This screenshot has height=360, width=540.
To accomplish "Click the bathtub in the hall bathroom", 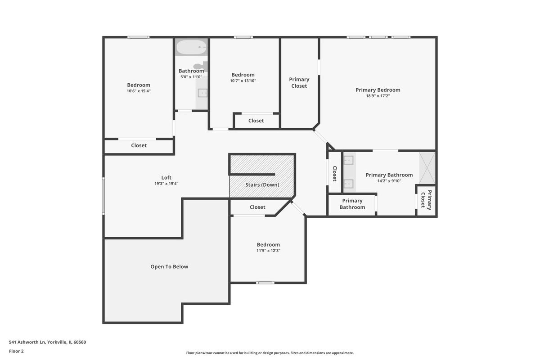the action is pyautogui.click(x=191, y=47).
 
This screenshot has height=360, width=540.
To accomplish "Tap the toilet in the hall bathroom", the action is pyautogui.click(x=201, y=66).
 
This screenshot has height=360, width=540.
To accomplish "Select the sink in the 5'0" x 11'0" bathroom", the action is pyautogui.click(x=202, y=93).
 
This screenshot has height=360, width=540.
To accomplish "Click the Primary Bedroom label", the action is pyautogui.click(x=378, y=90).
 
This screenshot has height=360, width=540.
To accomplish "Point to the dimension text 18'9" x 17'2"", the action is pyautogui.click(x=378, y=96).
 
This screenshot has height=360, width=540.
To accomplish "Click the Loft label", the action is pyautogui.click(x=166, y=178).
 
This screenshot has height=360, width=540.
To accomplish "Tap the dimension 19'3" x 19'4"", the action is pyautogui.click(x=166, y=184).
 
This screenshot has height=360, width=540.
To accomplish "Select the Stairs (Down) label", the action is pyautogui.click(x=262, y=185).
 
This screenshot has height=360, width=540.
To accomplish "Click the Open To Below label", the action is pyautogui.click(x=169, y=267).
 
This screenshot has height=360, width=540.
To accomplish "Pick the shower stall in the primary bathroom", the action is pyautogui.click(x=427, y=168).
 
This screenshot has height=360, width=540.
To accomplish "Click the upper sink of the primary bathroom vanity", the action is pyautogui.click(x=348, y=160).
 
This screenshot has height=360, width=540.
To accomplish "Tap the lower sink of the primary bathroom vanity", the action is pyautogui.click(x=348, y=184).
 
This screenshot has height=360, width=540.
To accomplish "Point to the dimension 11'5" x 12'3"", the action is pyautogui.click(x=268, y=251).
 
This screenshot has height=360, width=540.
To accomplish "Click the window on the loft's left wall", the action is pyautogui.click(x=103, y=196).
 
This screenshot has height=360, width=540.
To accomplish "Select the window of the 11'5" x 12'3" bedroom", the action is pyautogui.click(x=265, y=283).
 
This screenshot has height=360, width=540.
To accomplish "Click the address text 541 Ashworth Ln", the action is pyautogui.click(x=27, y=342).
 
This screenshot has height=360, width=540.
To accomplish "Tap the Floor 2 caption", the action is pyautogui.click(x=16, y=351).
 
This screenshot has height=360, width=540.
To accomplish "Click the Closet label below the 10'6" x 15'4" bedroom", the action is pyautogui.click(x=139, y=145).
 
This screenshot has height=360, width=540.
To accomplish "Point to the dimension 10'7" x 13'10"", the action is pyautogui.click(x=243, y=81).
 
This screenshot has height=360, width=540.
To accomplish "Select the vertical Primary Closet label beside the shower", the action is pyautogui.click(x=426, y=200).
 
